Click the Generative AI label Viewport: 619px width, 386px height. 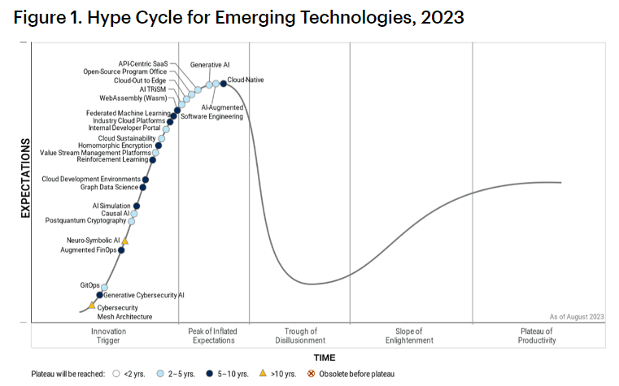[209, 63]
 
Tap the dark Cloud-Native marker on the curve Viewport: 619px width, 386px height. [223, 83]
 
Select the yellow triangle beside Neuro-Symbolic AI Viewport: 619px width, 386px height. [124, 241]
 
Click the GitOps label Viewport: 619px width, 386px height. [89, 285]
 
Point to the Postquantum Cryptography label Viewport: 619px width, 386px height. [85, 220]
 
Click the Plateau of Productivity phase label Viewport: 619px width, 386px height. [536, 336]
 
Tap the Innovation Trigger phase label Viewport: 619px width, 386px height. [108, 336]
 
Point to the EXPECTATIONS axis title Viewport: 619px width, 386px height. [24, 180]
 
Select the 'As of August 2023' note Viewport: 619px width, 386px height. [577, 315]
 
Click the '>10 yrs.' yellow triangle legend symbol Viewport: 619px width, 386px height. [262, 374]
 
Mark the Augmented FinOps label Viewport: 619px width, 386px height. [89, 250]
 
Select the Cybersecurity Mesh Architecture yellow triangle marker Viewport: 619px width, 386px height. [92, 306]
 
